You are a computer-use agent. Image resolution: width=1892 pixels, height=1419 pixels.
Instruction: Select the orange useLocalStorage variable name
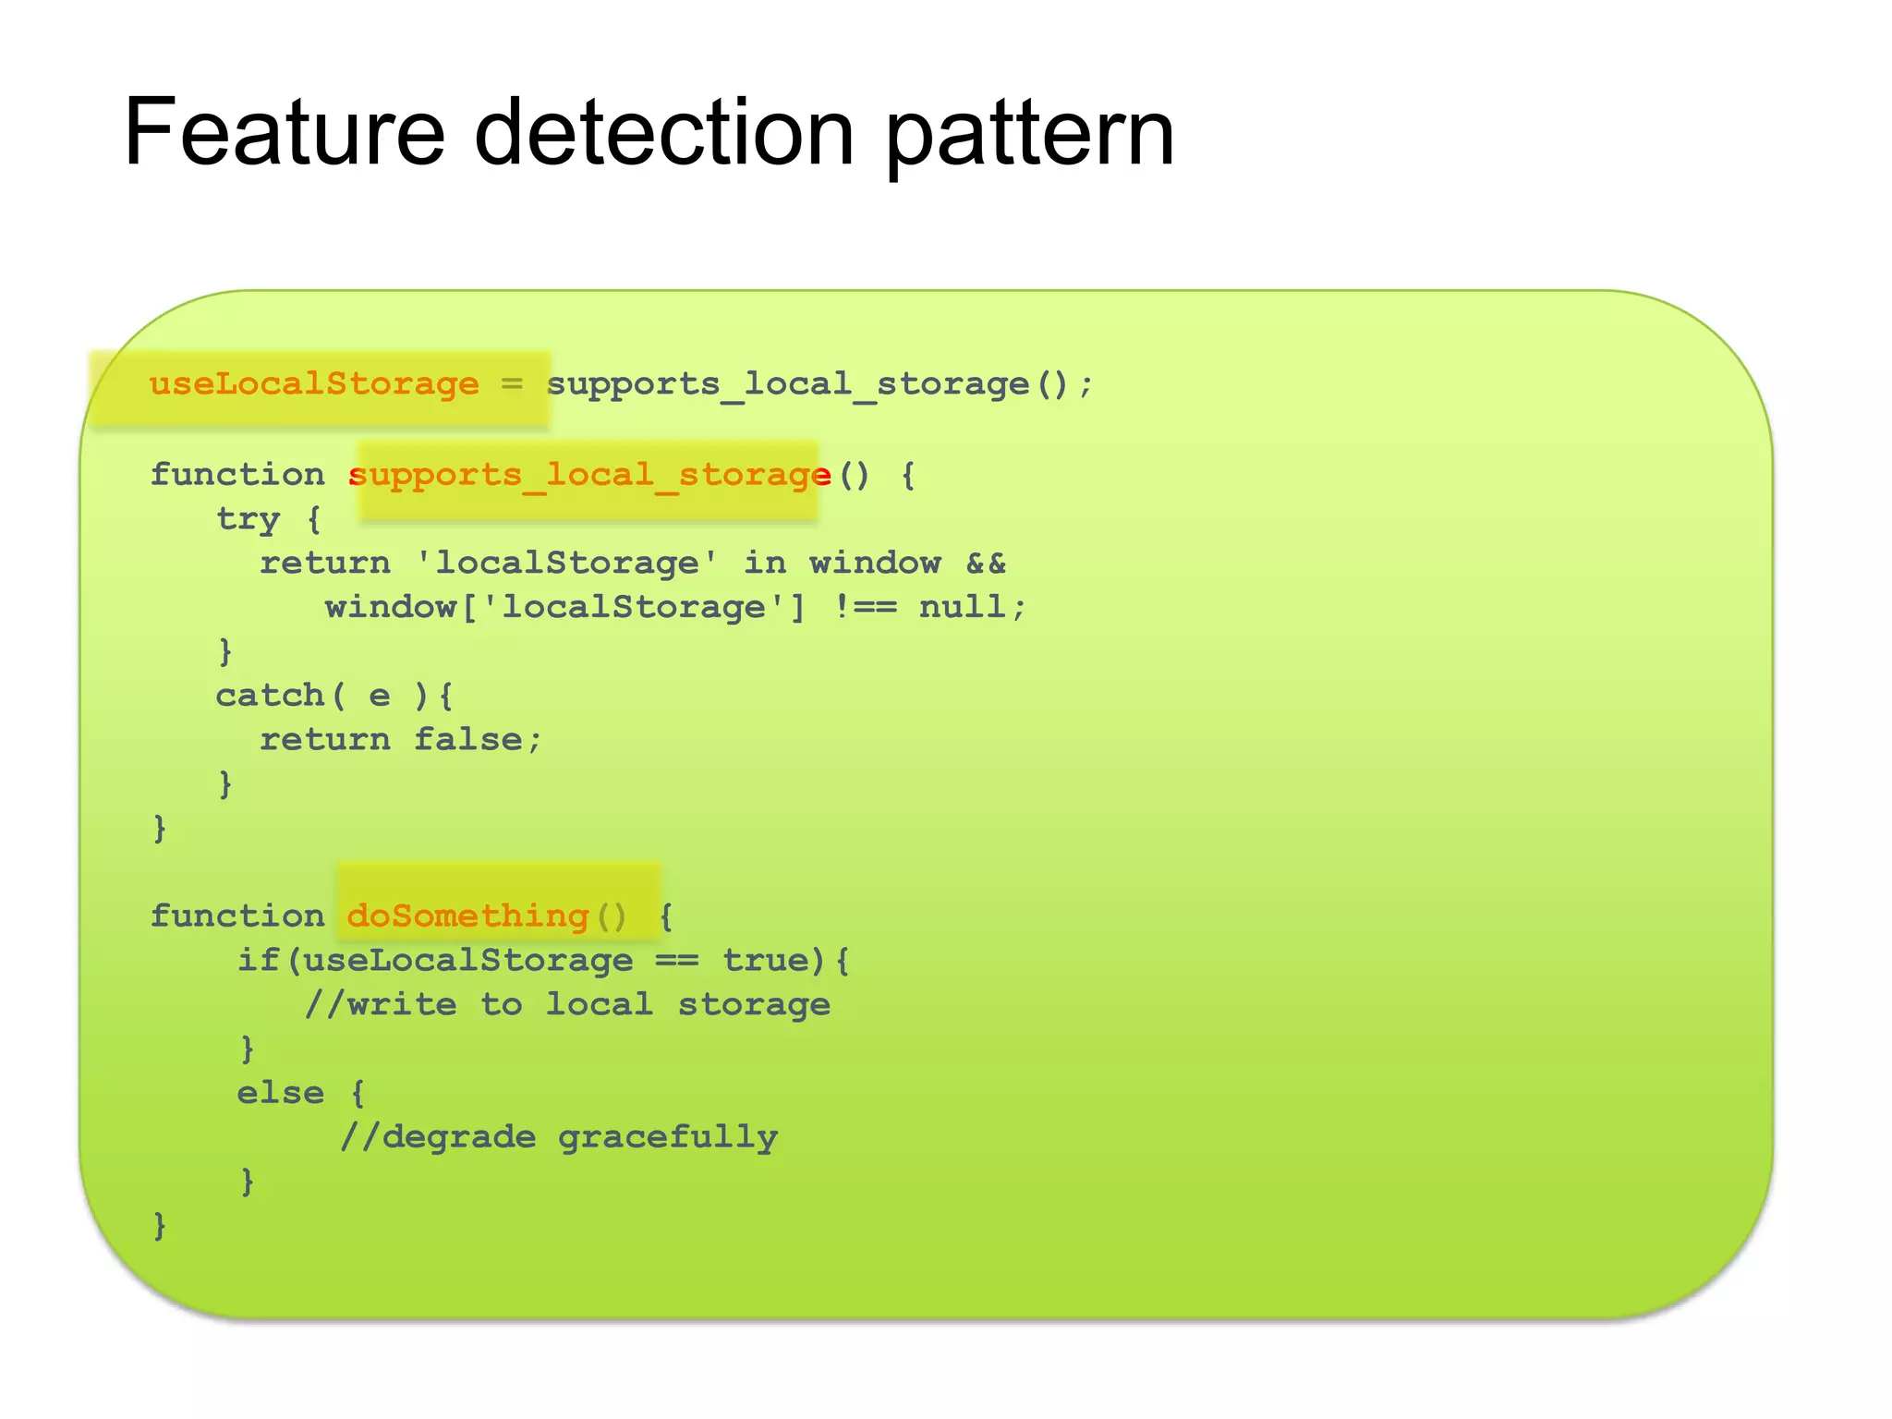(314, 384)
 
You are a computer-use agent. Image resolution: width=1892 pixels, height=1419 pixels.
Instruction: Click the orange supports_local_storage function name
(589, 476)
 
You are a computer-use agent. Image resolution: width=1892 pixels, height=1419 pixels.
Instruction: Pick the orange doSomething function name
(468, 916)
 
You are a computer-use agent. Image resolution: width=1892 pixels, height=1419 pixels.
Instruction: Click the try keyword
(248, 520)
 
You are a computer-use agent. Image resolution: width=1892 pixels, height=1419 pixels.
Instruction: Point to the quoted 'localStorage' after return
(567, 564)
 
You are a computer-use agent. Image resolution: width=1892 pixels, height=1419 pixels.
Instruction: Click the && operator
(986, 564)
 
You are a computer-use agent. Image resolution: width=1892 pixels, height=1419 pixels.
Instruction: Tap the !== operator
(865, 608)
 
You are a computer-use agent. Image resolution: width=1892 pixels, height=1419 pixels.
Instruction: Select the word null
(962, 608)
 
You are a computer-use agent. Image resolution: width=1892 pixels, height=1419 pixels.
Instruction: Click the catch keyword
(270, 696)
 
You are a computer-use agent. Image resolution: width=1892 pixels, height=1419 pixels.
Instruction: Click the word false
(467, 740)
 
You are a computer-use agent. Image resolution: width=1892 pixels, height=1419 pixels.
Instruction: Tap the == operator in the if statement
(677, 961)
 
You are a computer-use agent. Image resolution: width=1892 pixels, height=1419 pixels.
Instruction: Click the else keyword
(281, 1094)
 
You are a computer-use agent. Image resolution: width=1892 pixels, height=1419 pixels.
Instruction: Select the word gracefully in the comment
(667, 1138)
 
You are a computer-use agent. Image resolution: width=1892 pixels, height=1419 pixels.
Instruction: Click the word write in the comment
(402, 1005)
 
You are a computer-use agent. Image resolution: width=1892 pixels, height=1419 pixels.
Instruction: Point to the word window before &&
(875, 564)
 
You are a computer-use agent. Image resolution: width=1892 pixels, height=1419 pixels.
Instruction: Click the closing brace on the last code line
(160, 1226)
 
